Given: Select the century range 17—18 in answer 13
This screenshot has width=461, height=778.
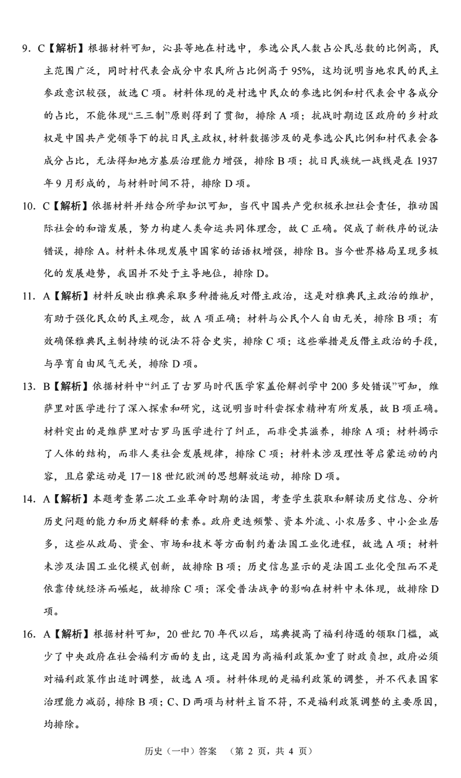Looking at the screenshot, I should [x=141, y=476].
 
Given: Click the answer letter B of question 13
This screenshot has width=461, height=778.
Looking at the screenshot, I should [x=46, y=386].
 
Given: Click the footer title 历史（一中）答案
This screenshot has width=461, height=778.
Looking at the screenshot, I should [x=174, y=751].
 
